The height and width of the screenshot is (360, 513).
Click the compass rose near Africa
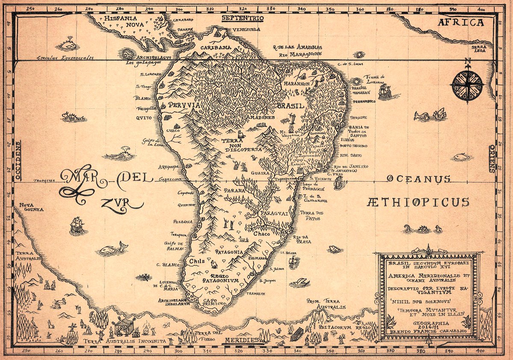[x=468, y=85]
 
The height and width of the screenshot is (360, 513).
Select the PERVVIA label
[x=178, y=104]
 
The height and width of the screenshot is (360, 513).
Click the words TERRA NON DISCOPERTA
[x=239, y=145]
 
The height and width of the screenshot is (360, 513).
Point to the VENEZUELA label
[x=246, y=30]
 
